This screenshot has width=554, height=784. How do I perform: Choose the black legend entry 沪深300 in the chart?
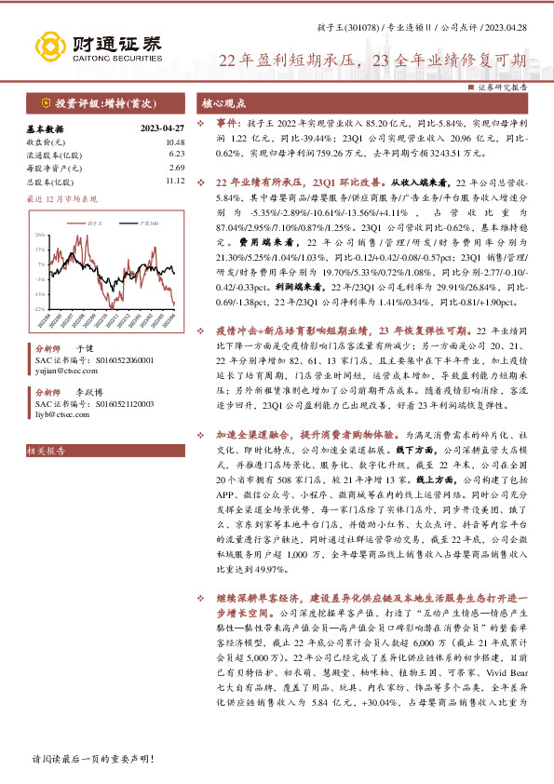[144, 224]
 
